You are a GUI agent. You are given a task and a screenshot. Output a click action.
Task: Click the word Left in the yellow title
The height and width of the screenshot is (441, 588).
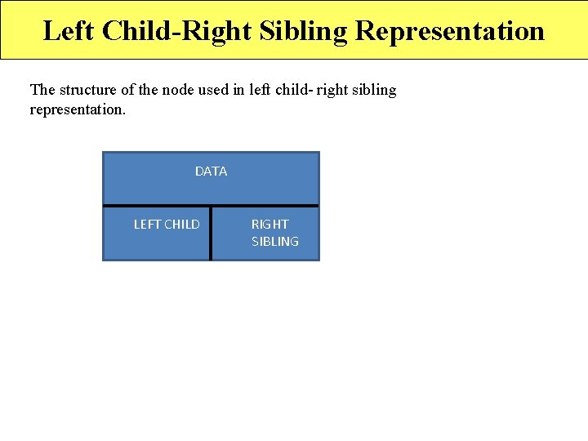point(68,31)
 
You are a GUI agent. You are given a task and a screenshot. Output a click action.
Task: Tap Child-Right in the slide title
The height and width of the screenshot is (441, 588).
point(176,31)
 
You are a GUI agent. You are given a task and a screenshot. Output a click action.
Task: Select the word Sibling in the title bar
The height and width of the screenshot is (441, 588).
point(305,31)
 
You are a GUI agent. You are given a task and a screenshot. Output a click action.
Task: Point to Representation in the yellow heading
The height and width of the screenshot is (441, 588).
point(450,31)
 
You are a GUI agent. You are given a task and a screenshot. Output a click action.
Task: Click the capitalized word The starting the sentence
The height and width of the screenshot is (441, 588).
point(42,90)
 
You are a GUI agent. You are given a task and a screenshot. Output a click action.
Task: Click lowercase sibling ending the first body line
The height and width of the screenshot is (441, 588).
point(374,90)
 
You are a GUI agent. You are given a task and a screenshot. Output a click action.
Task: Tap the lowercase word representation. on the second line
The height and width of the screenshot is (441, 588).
point(78,109)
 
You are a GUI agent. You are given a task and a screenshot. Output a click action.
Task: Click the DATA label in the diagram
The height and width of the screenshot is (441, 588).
point(211,171)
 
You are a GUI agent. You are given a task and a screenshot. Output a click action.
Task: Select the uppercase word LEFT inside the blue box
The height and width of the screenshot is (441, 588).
point(148,224)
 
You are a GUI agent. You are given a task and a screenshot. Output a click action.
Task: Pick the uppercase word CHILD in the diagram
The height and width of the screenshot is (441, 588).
point(182,224)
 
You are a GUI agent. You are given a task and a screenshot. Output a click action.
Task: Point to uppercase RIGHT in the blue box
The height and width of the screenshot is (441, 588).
point(269,224)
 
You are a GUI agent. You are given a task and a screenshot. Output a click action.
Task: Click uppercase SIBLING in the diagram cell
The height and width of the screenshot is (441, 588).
point(275,242)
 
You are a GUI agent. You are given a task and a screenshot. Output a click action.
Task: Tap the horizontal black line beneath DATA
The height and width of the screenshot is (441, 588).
point(211,205)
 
